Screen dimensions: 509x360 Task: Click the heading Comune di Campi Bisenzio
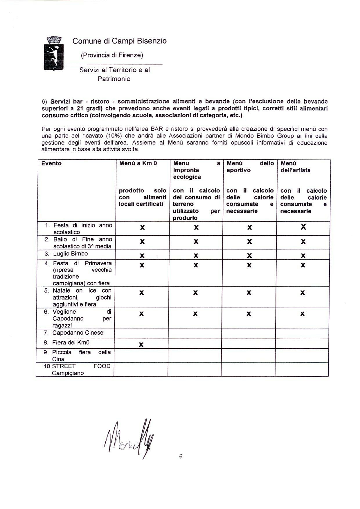(120, 41)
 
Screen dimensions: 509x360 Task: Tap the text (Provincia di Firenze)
(112, 55)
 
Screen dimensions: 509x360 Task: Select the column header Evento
(51, 163)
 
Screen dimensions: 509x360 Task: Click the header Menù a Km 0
(138, 163)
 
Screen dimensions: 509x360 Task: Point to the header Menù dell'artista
(296, 167)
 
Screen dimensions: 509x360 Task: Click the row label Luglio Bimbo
(70, 254)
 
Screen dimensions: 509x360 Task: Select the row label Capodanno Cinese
(78, 333)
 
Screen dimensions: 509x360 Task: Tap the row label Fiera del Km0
(71, 343)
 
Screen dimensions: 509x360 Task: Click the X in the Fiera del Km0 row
(141, 345)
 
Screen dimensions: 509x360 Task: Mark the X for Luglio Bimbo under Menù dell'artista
(303, 256)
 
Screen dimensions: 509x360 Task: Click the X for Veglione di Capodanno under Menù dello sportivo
(249, 314)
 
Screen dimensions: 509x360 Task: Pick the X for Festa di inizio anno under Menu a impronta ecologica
(196, 228)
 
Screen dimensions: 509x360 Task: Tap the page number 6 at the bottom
(181, 456)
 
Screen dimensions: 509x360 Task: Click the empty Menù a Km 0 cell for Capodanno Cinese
(141, 334)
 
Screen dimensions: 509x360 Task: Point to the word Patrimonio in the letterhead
(114, 79)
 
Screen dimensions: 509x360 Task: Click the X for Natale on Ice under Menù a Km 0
(141, 293)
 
